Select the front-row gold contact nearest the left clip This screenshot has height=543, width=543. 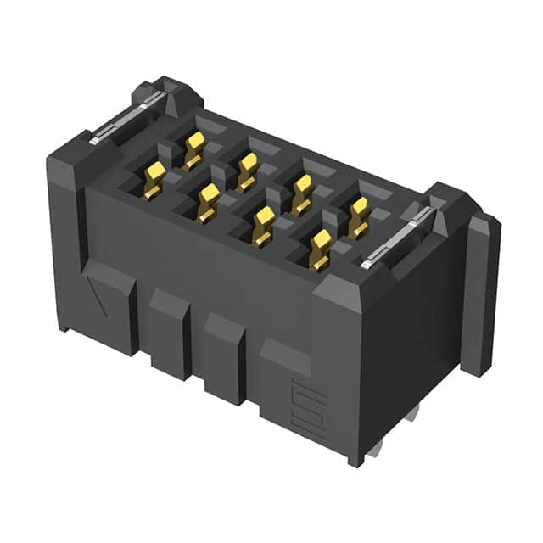pos(154,180)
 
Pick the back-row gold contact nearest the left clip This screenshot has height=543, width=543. pos(194,149)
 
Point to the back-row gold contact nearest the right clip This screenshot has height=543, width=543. pos(359,217)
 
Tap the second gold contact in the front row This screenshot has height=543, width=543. pos(208,203)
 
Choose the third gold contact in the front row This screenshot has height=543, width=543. pos(264,226)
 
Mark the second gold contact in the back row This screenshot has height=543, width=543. pos(247,170)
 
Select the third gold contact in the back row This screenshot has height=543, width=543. pos(302,193)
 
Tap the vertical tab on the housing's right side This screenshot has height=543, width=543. pos(482,293)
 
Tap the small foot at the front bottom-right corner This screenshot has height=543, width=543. pos(355,458)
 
